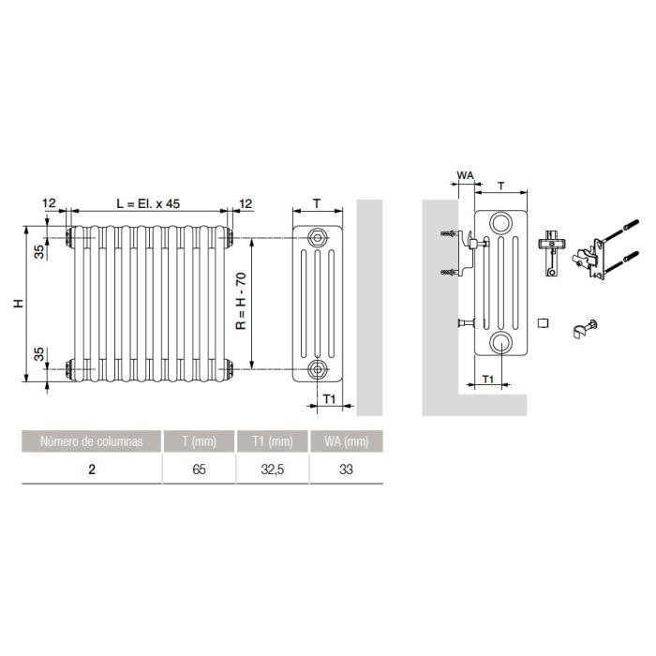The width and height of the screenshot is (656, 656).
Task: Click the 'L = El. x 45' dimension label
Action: pos(148,203)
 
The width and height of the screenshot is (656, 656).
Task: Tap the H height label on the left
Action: pos(19,304)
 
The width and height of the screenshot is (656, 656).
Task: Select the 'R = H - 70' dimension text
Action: pos(242,301)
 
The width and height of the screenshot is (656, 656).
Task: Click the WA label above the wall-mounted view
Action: pos(465,175)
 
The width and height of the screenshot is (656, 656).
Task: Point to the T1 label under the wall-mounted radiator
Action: pos(488,379)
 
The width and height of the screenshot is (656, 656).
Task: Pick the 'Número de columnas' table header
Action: pos(92,441)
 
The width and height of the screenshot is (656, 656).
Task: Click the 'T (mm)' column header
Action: pos(199,441)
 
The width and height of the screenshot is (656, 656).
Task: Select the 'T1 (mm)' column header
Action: pos(273,441)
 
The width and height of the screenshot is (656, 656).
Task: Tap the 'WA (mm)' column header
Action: pos(347,441)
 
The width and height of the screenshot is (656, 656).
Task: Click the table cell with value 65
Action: pos(199,470)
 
